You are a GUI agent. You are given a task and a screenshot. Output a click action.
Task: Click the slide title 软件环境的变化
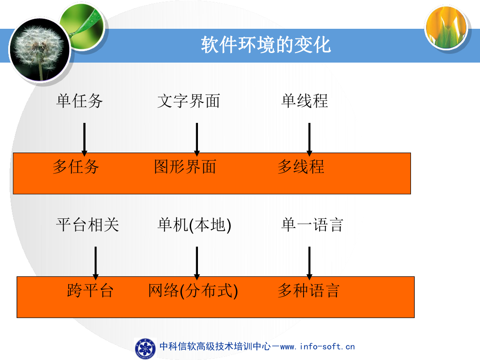point(266,45)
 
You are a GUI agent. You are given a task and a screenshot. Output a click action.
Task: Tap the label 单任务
point(80,101)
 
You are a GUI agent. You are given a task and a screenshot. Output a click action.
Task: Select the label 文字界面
point(188,101)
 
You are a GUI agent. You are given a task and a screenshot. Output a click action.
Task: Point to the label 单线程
point(304,101)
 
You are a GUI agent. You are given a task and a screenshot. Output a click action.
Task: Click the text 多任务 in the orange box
point(75,167)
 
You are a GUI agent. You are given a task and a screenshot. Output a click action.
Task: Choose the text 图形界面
point(185,167)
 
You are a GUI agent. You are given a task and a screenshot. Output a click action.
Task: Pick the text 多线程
point(301,167)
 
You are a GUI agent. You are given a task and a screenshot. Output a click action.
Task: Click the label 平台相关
point(88,225)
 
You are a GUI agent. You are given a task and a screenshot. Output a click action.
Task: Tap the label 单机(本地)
point(194,225)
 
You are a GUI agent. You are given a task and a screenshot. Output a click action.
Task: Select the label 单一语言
point(312,225)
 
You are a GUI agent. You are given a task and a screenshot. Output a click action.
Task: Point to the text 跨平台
point(91,291)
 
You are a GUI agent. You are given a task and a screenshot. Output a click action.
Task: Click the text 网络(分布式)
point(193,291)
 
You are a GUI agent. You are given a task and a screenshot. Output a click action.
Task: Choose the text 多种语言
point(309,291)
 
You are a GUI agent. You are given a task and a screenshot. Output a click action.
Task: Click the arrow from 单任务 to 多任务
point(85,139)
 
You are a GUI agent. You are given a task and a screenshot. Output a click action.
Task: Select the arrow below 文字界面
point(197,139)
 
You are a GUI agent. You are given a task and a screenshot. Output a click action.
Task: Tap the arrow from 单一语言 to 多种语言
point(309,263)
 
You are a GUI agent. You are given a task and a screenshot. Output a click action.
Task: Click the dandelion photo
point(40,49)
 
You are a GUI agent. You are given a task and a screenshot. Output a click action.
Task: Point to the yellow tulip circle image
point(446,27)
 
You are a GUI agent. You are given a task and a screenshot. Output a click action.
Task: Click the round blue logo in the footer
point(145,349)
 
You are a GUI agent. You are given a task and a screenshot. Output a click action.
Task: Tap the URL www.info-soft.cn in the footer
point(317,347)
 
